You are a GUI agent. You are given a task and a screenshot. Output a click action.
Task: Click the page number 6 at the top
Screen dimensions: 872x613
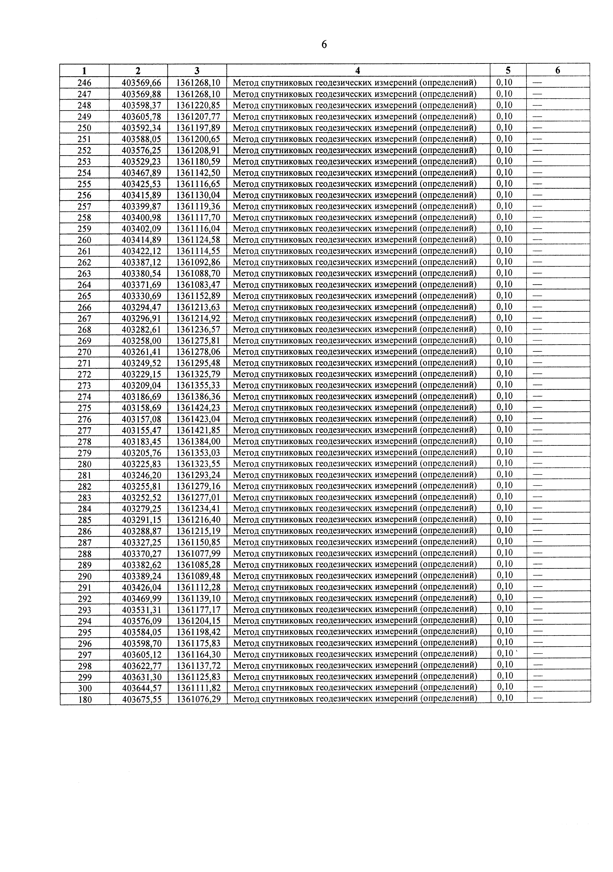[x=324, y=45]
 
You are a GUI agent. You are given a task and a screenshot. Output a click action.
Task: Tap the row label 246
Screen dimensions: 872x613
[x=84, y=82]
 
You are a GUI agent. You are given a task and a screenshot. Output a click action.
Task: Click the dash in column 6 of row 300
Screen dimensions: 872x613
[x=538, y=687]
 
